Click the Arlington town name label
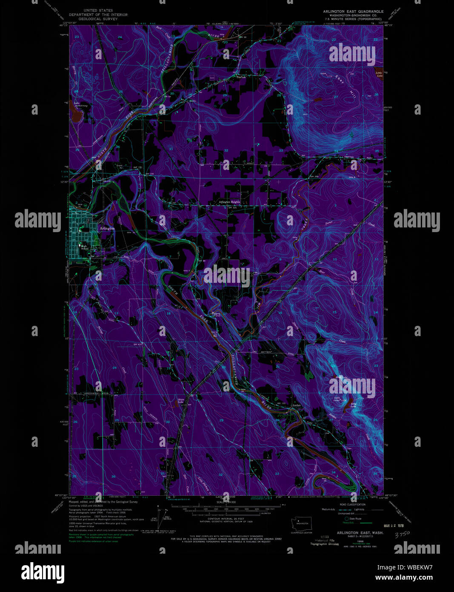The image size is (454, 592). [x=107, y=229]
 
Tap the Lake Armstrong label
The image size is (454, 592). [x=77, y=103]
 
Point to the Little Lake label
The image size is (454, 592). [x=379, y=74]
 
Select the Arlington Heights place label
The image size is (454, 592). [x=230, y=202]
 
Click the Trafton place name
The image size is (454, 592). [x=241, y=77]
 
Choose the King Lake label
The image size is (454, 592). [x=354, y=405]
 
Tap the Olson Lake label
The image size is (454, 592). [x=180, y=400]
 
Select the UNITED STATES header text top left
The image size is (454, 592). [x=98, y=10]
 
